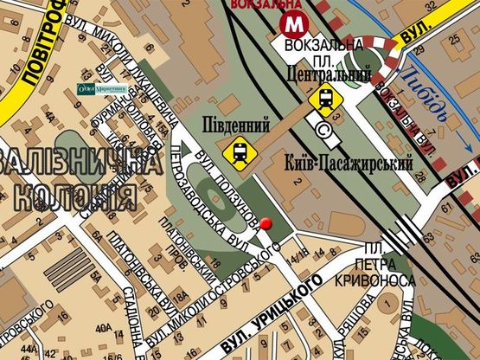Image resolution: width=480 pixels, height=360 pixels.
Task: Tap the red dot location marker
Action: tap(266, 224)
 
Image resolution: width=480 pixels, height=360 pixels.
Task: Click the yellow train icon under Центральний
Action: tap(324, 100)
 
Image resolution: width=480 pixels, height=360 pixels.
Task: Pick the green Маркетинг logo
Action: tap(102, 88)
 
